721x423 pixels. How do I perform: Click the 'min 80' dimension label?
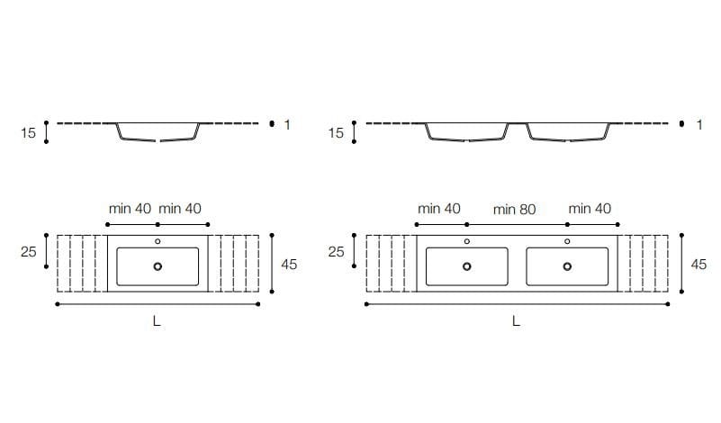point(514,209)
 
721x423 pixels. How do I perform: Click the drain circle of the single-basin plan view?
point(158,266)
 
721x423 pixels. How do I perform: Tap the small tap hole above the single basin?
point(158,241)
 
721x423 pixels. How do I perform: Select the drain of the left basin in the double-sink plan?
point(466,266)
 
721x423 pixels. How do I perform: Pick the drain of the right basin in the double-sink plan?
point(568,266)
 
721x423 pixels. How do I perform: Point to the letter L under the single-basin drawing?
point(157,321)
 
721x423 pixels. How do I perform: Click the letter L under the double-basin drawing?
point(516,321)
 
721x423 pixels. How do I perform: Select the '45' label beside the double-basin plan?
point(698,265)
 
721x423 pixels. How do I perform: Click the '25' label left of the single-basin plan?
point(28,253)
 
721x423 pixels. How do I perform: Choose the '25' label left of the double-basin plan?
point(336,253)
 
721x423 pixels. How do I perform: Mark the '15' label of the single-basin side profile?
point(28,133)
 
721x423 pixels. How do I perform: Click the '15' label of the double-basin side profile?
point(336,133)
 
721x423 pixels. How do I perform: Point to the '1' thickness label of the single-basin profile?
point(287,124)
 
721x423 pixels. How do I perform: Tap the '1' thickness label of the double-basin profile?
point(698,124)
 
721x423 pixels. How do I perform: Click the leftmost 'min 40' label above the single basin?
point(131,208)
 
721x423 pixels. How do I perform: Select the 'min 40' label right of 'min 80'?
point(590,208)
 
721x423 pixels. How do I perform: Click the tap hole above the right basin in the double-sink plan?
point(568,241)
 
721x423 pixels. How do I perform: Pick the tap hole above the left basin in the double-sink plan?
point(466,241)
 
